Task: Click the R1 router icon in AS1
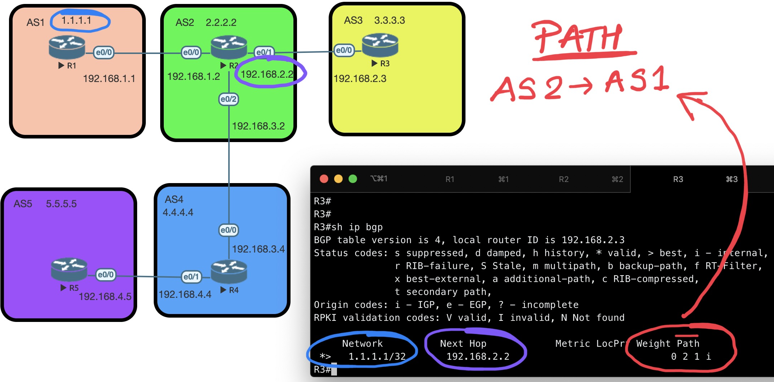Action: tap(67, 47)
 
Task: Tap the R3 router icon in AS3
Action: tap(380, 45)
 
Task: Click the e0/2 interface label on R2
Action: tap(229, 99)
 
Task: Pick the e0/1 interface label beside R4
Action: tap(191, 277)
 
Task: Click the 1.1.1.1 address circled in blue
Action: tap(76, 21)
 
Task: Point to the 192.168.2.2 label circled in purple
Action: tap(267, 74)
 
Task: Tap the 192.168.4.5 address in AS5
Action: tap(105, 296)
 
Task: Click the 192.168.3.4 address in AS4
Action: tap(258, 249)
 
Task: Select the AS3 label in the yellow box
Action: tap(353, 21)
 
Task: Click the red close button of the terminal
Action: tap(324, 179)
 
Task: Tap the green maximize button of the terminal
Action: tap(353, 179)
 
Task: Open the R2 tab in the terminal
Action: tap(564, 179)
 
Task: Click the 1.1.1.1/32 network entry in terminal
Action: tap(377, 356)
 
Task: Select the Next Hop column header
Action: tap(463, 344)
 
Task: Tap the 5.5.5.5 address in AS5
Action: tap(61, 204)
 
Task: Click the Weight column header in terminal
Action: tap(653, 344)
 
